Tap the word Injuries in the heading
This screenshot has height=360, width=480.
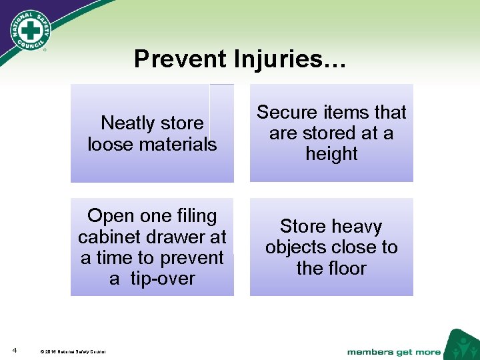click(288, 59)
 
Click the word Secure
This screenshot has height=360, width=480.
click(286, 112)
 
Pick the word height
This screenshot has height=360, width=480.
click(331, 154)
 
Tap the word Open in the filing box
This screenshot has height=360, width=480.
click(111, 216)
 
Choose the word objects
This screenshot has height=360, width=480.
click(297, 247)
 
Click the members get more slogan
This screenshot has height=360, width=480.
click(393, 351)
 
